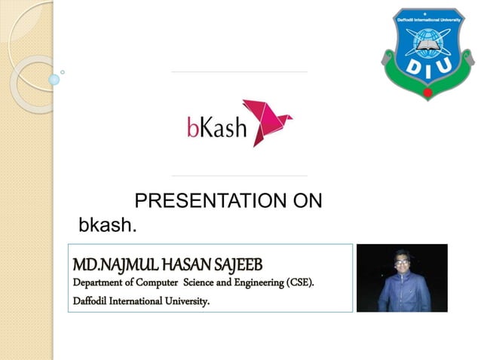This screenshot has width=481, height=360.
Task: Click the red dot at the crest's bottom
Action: point(427,93)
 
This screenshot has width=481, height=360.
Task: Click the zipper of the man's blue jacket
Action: point(401,294)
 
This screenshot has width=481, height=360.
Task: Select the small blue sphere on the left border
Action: point(54,78)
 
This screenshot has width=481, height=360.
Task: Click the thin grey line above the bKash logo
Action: point(239,72)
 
